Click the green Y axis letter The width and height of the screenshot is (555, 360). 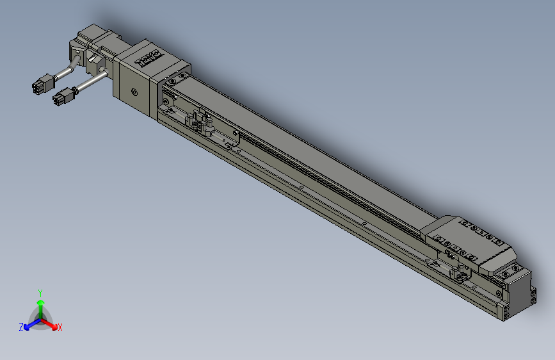(x=40, y=292)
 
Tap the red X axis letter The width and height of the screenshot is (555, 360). (x=60, y=328)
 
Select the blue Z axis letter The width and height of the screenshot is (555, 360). (x=20, y=327)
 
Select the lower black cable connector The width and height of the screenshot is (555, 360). (x=62, y=99)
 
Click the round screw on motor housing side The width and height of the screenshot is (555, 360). (x=134, y=92)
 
